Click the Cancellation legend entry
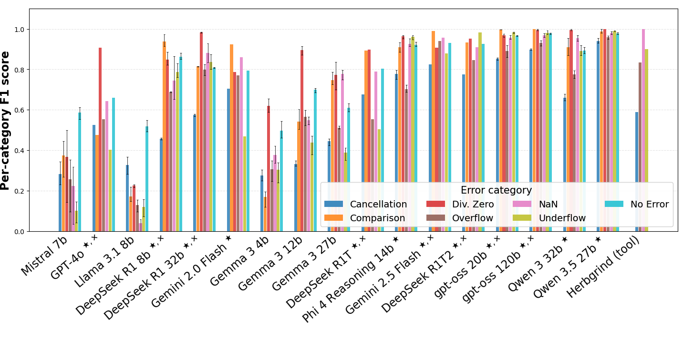tap(366, 204)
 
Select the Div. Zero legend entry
tap(460, 204)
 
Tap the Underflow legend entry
tap(549, 218)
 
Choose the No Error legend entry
tap(637, 204)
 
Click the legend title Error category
tap(496, 190)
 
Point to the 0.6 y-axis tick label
tap(19, 110)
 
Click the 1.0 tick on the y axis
tap(19, 30)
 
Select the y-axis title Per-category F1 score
tap(5, 121)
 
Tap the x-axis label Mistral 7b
tap(44, 256)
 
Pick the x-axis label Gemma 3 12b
tap(270, 264)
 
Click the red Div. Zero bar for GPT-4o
tap(100, 140)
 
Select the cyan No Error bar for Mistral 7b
tap(80, 172)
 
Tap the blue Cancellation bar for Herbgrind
tap(637, 172)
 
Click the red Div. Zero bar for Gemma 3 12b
tap(302, 141)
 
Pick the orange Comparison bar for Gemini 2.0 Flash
tap(231, 138)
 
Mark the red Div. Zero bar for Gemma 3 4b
tap(269, 169)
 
